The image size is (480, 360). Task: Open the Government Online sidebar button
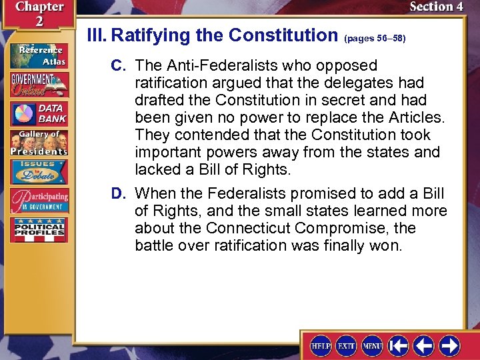38,84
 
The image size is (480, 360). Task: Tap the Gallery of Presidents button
38,143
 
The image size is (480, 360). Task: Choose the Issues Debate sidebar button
38,171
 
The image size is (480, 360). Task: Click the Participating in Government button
38,201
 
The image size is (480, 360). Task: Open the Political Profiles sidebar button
38,230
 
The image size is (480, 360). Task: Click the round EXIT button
346,346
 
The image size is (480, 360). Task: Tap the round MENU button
371,346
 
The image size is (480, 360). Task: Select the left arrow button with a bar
399,346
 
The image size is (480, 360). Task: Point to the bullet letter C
119,66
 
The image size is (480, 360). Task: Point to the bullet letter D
119,194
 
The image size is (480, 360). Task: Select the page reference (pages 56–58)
375,39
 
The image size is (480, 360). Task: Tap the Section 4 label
436,7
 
